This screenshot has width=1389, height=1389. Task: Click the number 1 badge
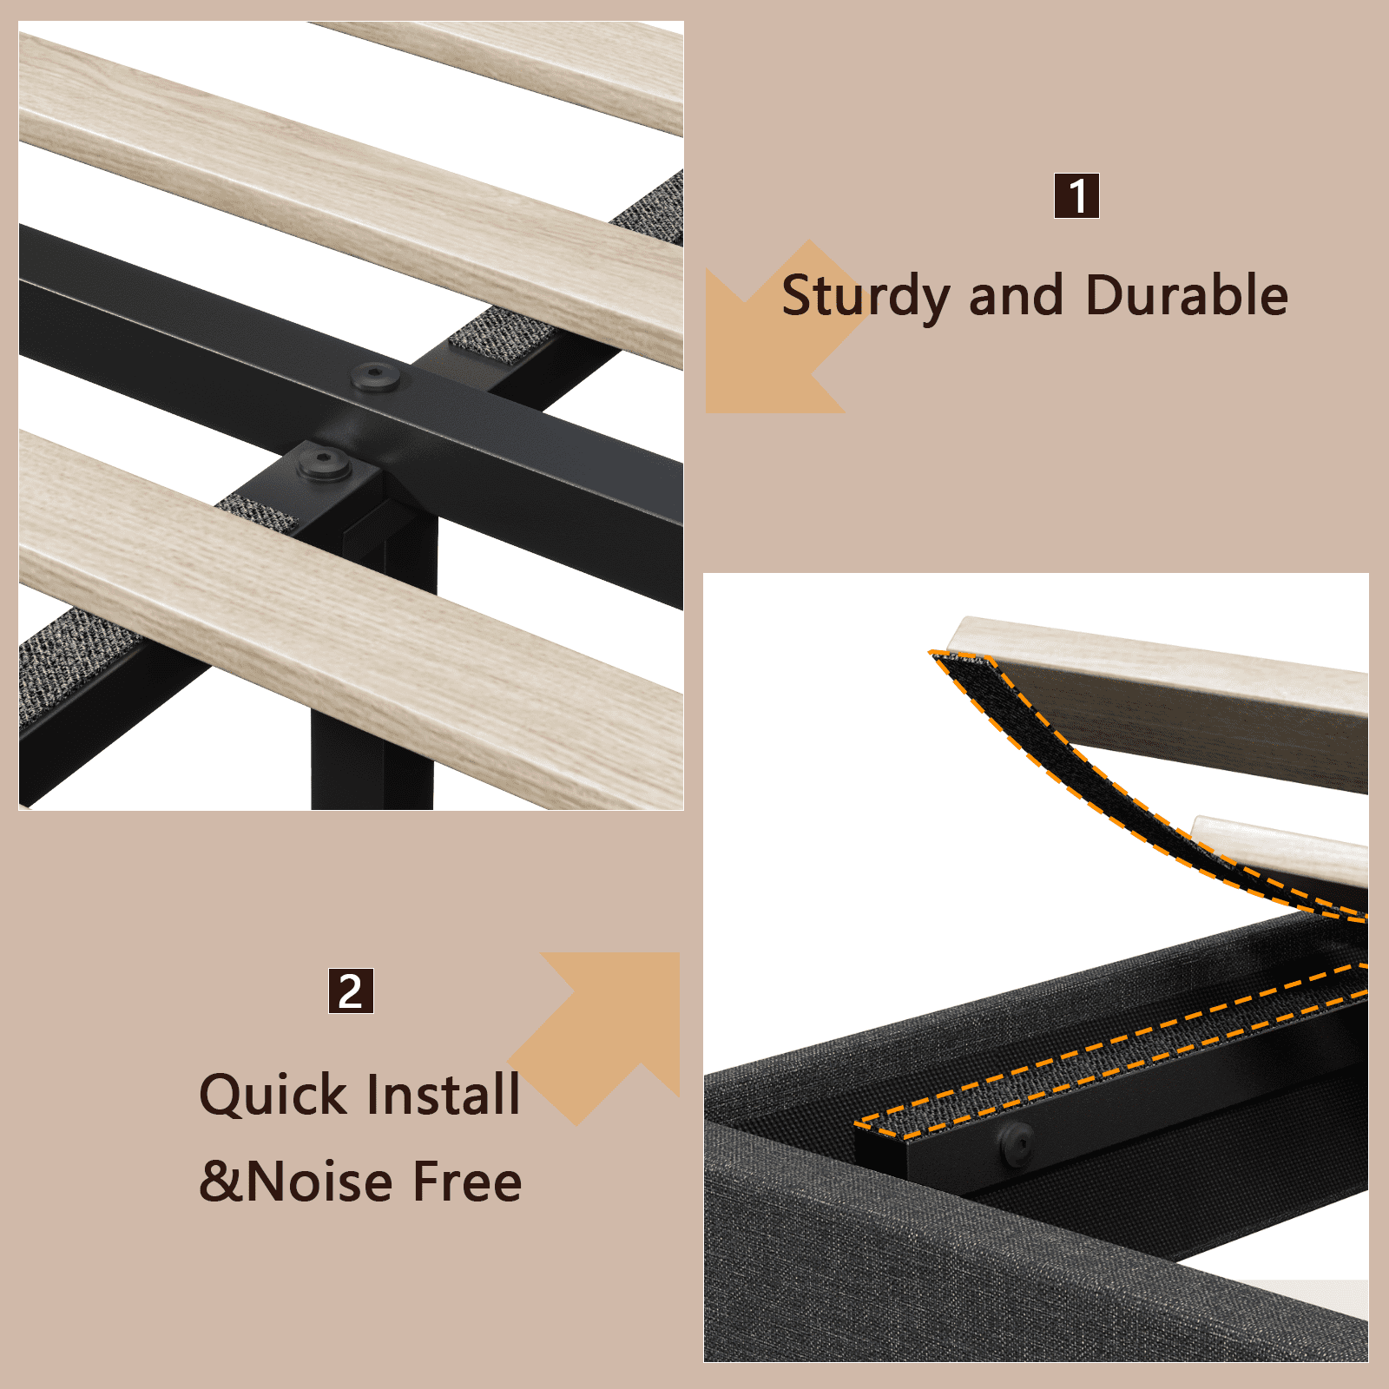[1076, 196]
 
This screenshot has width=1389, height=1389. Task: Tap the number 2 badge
[351, 991]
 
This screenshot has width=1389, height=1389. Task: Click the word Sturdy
[866, 297]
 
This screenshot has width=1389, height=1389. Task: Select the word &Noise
[297, 1182]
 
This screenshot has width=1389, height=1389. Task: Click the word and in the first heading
[1016, 295]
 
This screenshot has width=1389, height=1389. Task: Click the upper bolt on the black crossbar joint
[375, 377]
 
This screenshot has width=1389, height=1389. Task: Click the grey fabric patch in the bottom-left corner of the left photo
[74, 660]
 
